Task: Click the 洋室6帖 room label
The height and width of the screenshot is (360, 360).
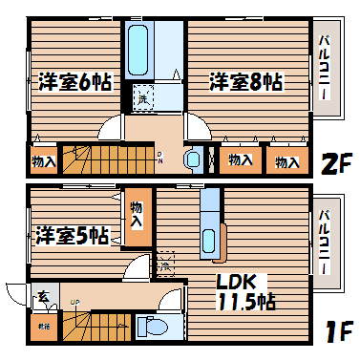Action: coord(75,82)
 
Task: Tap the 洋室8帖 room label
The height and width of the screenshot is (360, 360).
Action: coord(245,82)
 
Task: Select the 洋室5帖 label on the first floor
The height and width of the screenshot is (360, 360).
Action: coord(73,235)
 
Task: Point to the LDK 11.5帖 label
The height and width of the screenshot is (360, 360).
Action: coord(245,291)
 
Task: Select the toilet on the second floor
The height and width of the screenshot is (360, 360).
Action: coord(194,158)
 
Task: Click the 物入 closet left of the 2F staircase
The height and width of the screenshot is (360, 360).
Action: coord(43,159)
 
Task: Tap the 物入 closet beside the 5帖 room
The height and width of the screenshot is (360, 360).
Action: coord(137,213)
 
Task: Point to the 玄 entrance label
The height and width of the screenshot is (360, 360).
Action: coord(43,297)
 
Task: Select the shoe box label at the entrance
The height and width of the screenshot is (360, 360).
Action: coord(43,328)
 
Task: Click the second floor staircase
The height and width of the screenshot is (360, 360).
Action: coord(106,156)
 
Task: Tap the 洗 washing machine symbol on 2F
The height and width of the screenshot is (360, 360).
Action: coord(142,97)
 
